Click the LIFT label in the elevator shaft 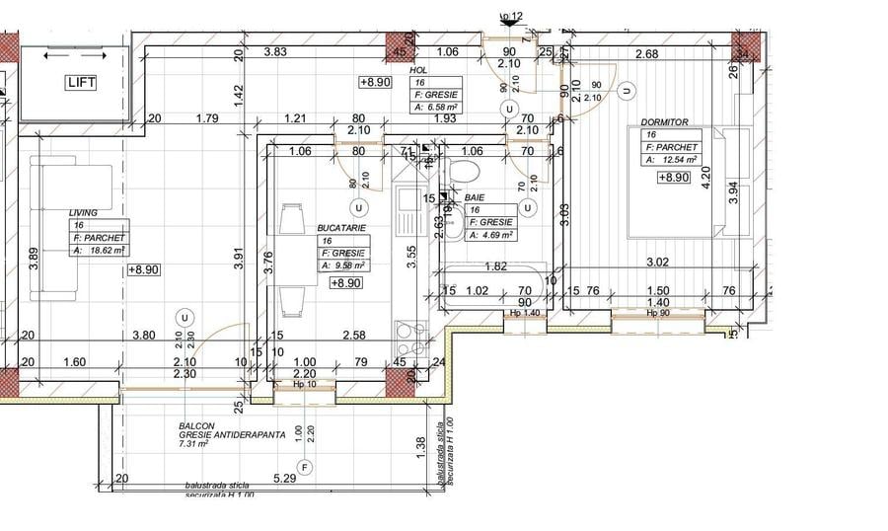tap(81, 82)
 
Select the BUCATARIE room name tap(341, 227)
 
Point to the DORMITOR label tap(663, 122)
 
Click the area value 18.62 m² tap(110, 251)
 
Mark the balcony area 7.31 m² tap(193, 444)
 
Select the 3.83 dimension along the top tap(275, 52)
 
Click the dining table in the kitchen tap(292, 259)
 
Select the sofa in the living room tap(59, 231)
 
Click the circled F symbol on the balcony tap(305, 466)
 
